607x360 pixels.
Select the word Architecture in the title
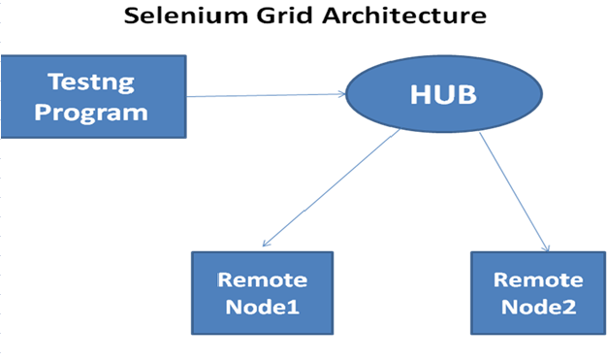click(x=399, y=17)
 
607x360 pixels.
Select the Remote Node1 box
click(x=262, y=294)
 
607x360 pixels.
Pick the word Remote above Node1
click(x=262, y=280)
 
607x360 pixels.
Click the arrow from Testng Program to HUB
click(x=262, y=95)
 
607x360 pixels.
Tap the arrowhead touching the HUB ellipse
click(x=342, y=94)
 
